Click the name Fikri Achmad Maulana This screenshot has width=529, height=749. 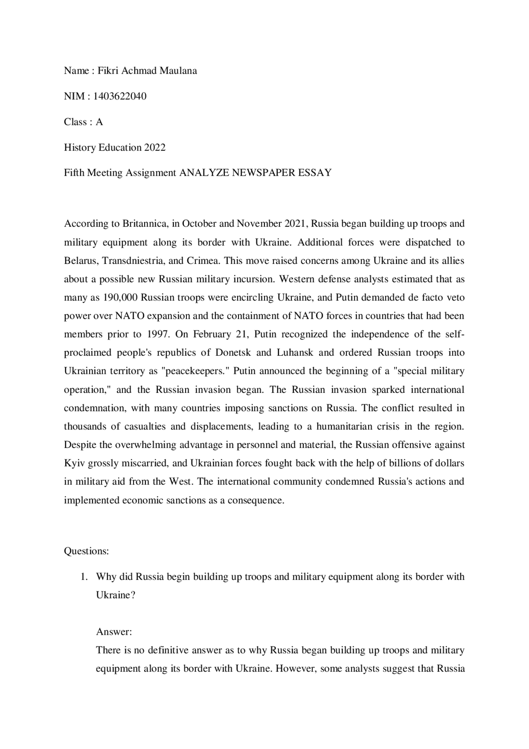pos(147,71)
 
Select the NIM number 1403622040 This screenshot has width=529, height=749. pos(120,96)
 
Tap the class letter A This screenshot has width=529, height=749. pos(99,122)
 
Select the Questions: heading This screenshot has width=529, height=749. pos(86,551)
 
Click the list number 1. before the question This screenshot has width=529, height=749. pos(84,577)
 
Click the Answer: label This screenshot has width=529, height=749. pos(114,632)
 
